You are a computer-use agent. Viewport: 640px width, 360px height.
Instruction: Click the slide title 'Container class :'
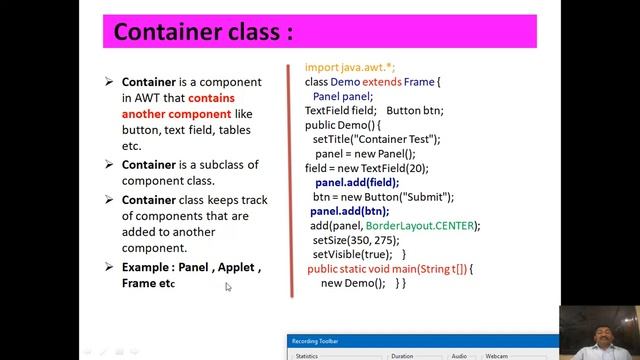pyautogui.click(x=203, y=32)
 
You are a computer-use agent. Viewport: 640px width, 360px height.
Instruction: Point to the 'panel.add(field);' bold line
pyautogui.click(x=357, y=183)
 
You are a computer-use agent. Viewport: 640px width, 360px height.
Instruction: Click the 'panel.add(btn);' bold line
pyautogui.click(x=349, y=211)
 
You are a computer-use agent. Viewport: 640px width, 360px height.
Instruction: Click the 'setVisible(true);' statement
pyautogui.click(x=352, y=255)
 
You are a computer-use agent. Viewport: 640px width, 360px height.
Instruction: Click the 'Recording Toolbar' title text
pyautogui.click(x=315, y=342)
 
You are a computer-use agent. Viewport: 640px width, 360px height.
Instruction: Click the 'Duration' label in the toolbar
pyautogui.click(x=402, y=355)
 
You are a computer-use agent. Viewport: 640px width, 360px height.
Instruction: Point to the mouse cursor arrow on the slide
pyautogui.click(x=228, y=287)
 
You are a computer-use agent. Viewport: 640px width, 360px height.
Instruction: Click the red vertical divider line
pyautogui.click(x=291, y=180)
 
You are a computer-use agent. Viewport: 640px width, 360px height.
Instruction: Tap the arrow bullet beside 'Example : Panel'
pyautogui.click(x=109, y=267)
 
